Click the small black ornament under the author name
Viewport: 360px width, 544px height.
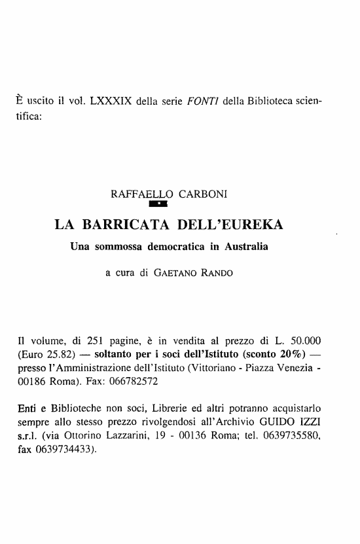point(160,208)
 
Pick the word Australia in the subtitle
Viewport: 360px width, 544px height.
point(246,248)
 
